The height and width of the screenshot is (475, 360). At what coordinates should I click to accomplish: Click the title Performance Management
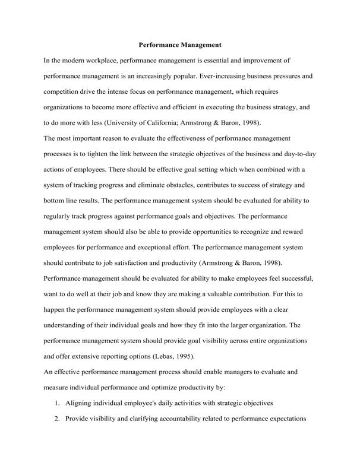tap(180, 44)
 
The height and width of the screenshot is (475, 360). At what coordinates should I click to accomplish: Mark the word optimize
tap(185, 387)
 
